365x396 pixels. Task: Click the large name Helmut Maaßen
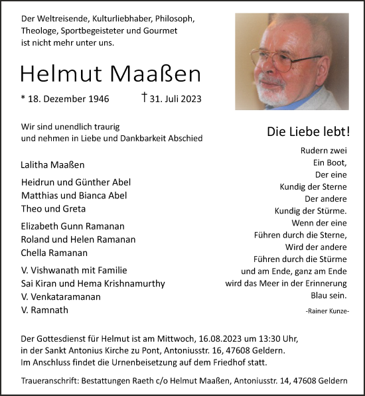tap(110, 74)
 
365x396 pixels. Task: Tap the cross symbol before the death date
tap(144, 98)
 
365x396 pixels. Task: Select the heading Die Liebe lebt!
tap(308, 131)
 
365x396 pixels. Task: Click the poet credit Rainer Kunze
tap(328, 311)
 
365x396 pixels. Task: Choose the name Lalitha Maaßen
tap(53, 165)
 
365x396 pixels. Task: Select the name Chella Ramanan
tap(54, 253)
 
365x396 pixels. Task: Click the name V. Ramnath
tap(44, 310)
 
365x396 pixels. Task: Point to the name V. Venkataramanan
tap(61, 297)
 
